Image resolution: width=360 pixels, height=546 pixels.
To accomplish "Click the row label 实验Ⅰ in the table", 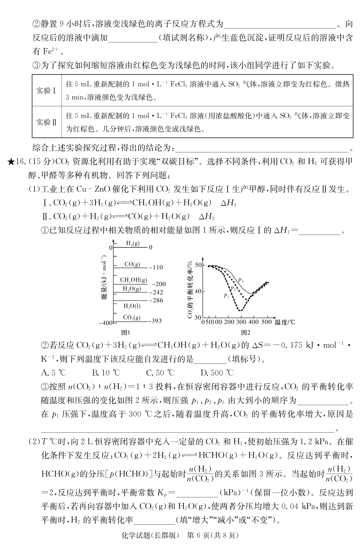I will (x=46, y=91).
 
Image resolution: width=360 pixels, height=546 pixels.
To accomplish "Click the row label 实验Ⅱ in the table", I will (x=46, y=122).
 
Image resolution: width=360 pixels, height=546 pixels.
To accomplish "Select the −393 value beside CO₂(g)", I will (x=155, y=321).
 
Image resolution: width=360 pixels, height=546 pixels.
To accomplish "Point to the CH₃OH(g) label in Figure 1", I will (x=133, y=280).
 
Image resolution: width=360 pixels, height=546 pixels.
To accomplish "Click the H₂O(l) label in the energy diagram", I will (x=132, y=306).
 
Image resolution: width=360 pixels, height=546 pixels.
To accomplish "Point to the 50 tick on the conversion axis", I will (x=198, y=265).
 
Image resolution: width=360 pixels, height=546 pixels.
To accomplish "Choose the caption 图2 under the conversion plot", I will (x=245, y=332).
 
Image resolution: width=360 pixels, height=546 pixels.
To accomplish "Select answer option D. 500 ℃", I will (x=217, y=373).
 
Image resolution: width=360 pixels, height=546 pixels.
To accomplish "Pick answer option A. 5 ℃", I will (x=53, y=373).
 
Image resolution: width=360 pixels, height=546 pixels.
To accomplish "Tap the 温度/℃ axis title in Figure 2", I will (x=284, y=323).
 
